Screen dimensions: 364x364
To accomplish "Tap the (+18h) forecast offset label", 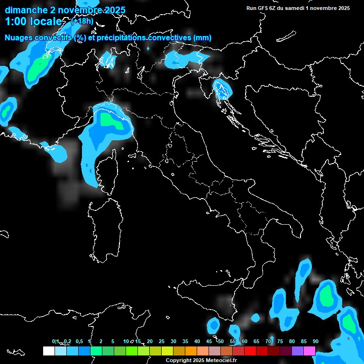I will pyautogui.click(x=82, y=21).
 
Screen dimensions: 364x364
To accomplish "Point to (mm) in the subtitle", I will pyautogui.click(x=202, y=37).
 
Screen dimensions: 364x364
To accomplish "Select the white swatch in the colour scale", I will pyautogui.click(x=48, y=351).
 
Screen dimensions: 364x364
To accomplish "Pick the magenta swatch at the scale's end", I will pyautogui.click(x=309, y=351).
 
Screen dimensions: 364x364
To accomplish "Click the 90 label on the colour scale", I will pyautogui.click(x=315, y=341).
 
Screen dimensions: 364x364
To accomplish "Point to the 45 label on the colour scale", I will pyautogui.click(x=209, y=341).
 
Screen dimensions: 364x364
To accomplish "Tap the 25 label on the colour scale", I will pyautogui.click(x=161, y=341).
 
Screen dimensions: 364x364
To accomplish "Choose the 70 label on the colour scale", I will pyautogui.click(x=268, y=341).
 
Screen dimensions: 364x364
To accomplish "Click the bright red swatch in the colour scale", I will pyautogui.click(x=250, y=351).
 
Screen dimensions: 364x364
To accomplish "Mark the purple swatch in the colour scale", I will pyautogui.click(x=298, y=351).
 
